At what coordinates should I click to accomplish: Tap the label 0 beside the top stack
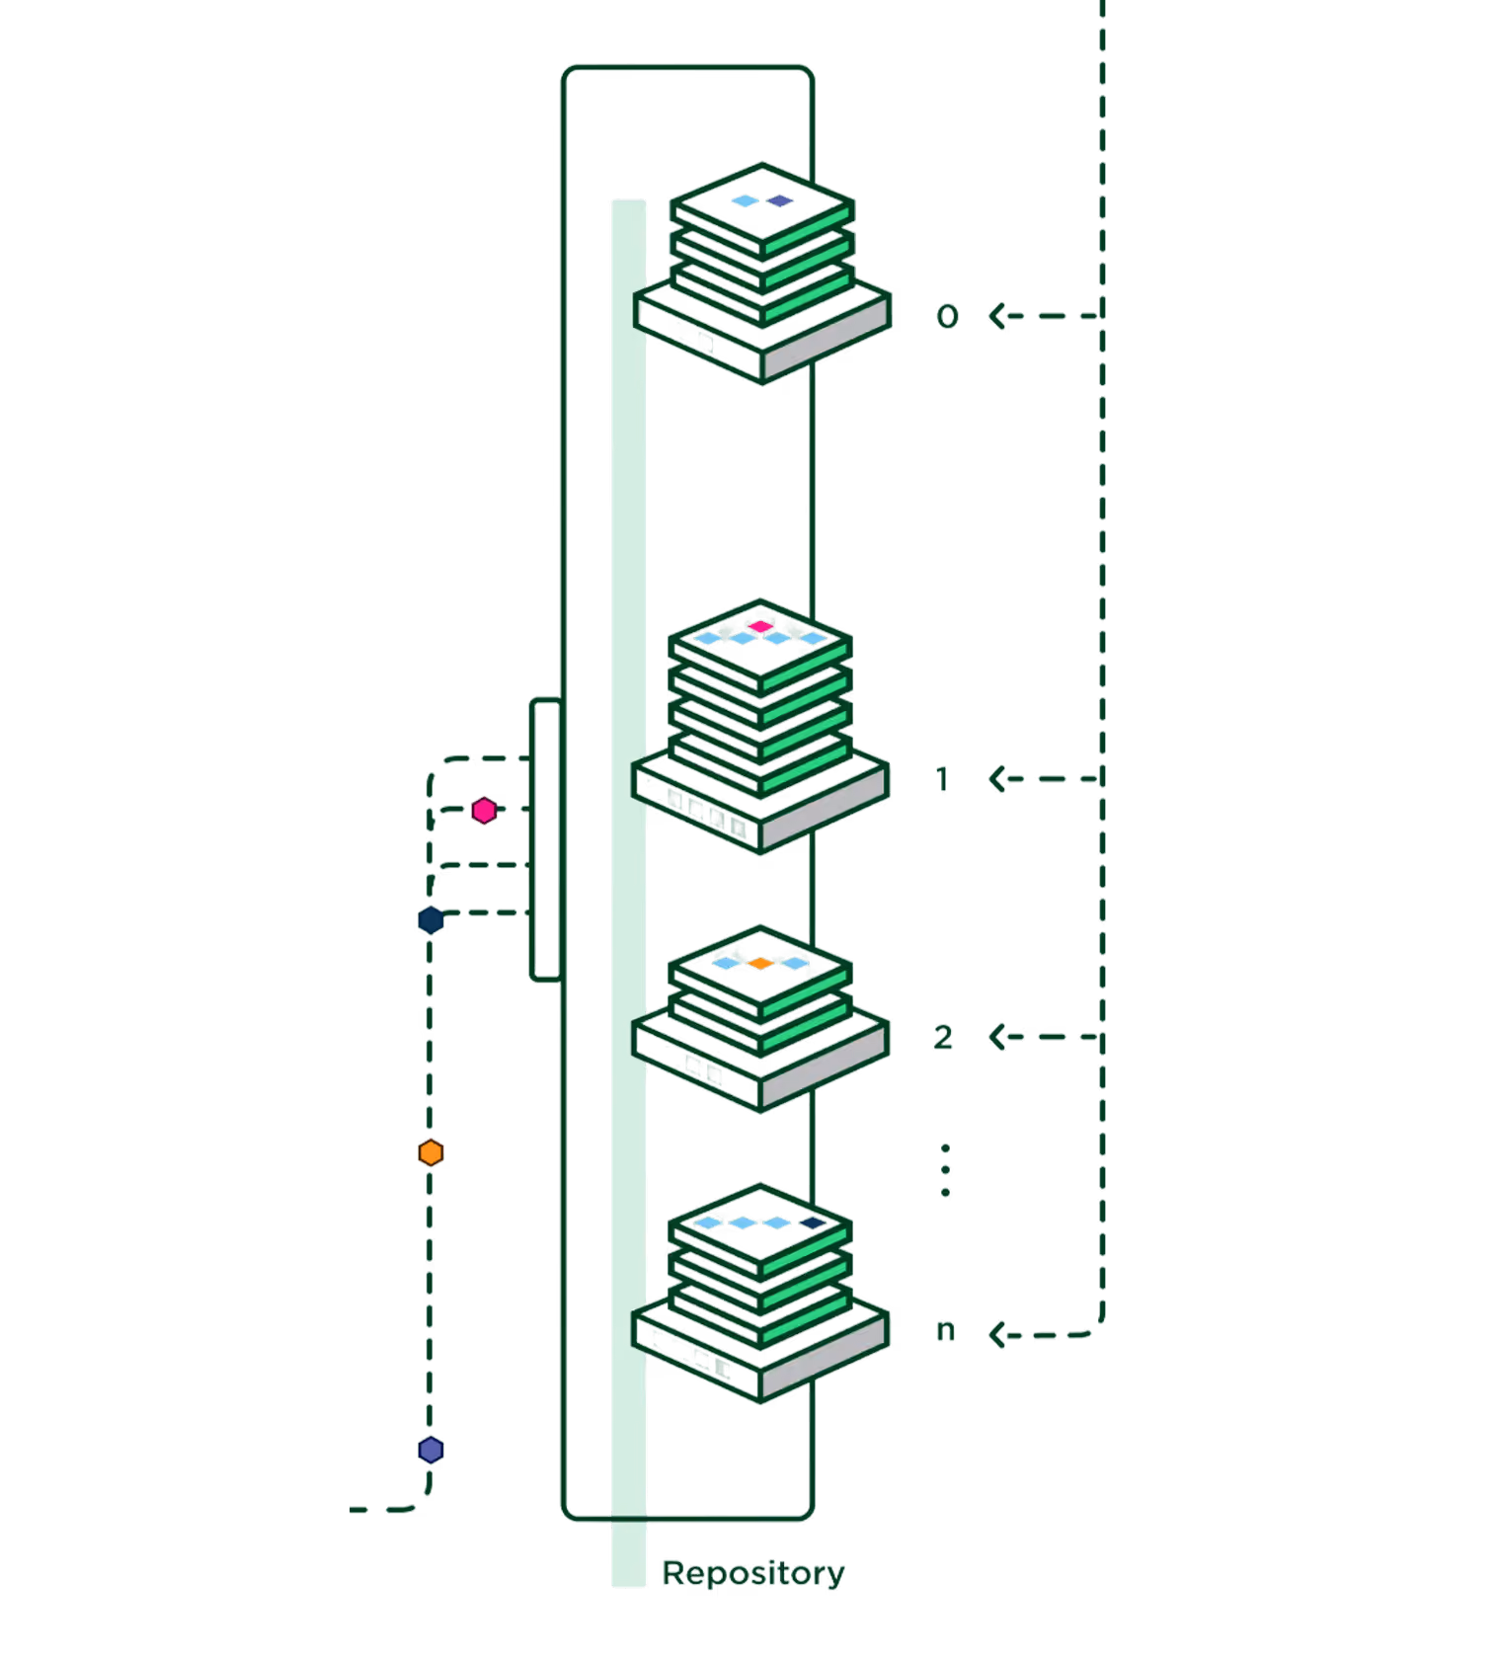click(x=947, y=316)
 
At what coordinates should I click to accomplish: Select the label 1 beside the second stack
click(x=942, y=779)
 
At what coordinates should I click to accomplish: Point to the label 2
click(x=943, y=1037)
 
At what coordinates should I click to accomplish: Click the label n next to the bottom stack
click(x=945, y=1331)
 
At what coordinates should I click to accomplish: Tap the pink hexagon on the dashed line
click(x=484, y=811)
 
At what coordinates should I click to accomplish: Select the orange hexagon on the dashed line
click(x=431, y=1152)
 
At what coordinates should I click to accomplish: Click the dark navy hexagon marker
click(x=431, y=920)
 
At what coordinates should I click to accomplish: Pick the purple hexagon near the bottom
click(x=431, y=1450)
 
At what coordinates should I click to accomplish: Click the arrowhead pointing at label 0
click(x=998, y=316)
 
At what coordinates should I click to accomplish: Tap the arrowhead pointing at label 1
click(x=998, y=779)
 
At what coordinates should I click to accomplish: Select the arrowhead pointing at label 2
click(x=998, y=1037)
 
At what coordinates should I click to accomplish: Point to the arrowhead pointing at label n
click(x=998, y=1335)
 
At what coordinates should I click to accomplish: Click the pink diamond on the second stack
click(x=760, y=626)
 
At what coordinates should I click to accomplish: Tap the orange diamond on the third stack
click(x=759, y=963)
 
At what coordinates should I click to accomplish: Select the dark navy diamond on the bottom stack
click(x=813, y=1223)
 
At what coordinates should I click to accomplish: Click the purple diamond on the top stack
click(x=780, y=200)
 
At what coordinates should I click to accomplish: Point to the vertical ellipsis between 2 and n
click(x=945, y=1170)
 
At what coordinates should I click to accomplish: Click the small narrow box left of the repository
click(x=546, y=839)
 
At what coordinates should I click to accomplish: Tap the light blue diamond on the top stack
click(x=746, y=200)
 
